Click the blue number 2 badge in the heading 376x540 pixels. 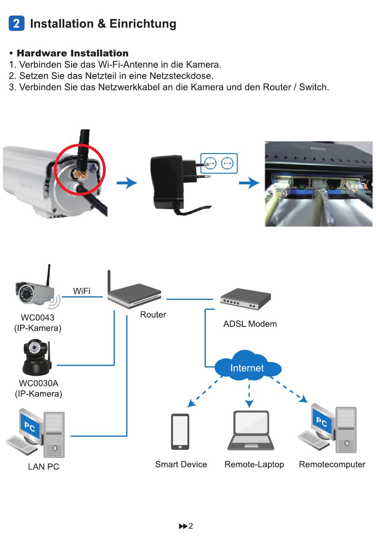coord(16,23)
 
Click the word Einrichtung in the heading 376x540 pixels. coord(143,24)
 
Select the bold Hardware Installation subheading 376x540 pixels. coord(72,53)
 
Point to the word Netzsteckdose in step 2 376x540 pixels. coord(181,76)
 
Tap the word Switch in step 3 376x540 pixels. coord(314,87)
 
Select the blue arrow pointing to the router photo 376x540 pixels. coord(249,183)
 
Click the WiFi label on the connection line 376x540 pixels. coord(82,291)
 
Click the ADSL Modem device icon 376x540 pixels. coord(245,299)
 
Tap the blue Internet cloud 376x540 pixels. coord(248,366)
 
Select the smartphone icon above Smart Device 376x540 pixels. coord(180,432)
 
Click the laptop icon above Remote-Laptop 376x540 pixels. coord(251,430)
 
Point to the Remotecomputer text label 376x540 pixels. coord(332,464)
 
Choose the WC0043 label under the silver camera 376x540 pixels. coord(38,318)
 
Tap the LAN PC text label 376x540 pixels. coord(44,467)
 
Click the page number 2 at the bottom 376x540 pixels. coord(190,526)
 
